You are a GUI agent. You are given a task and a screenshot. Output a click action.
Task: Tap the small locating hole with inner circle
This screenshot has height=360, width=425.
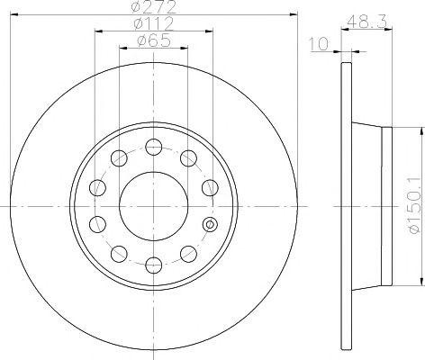tap(210, 224)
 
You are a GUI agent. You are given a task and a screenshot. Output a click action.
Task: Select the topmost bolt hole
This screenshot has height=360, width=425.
tap(153, 146)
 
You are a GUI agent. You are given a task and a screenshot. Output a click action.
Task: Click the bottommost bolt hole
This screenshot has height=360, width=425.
tap(153, 265)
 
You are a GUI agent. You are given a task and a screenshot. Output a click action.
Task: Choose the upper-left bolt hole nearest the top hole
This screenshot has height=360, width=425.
tap(118, 158)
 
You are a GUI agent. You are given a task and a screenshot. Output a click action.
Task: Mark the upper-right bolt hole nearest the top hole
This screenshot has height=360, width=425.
tap(187, 158)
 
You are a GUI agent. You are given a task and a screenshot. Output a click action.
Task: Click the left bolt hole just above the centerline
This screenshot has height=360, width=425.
tap(97, 187)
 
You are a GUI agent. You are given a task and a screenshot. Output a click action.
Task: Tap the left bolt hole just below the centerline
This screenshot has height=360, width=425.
tap(97, 223)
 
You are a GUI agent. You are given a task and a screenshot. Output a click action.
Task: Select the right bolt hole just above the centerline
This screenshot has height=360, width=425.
tap(209, 187)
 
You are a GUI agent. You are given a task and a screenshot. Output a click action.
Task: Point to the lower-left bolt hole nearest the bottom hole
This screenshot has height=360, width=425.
tap(118, 252)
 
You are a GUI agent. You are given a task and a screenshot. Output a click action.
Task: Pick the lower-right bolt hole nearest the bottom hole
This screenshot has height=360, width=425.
tap(187, 252)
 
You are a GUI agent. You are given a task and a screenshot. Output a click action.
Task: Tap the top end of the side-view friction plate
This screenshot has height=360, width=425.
tap(346, 65)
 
